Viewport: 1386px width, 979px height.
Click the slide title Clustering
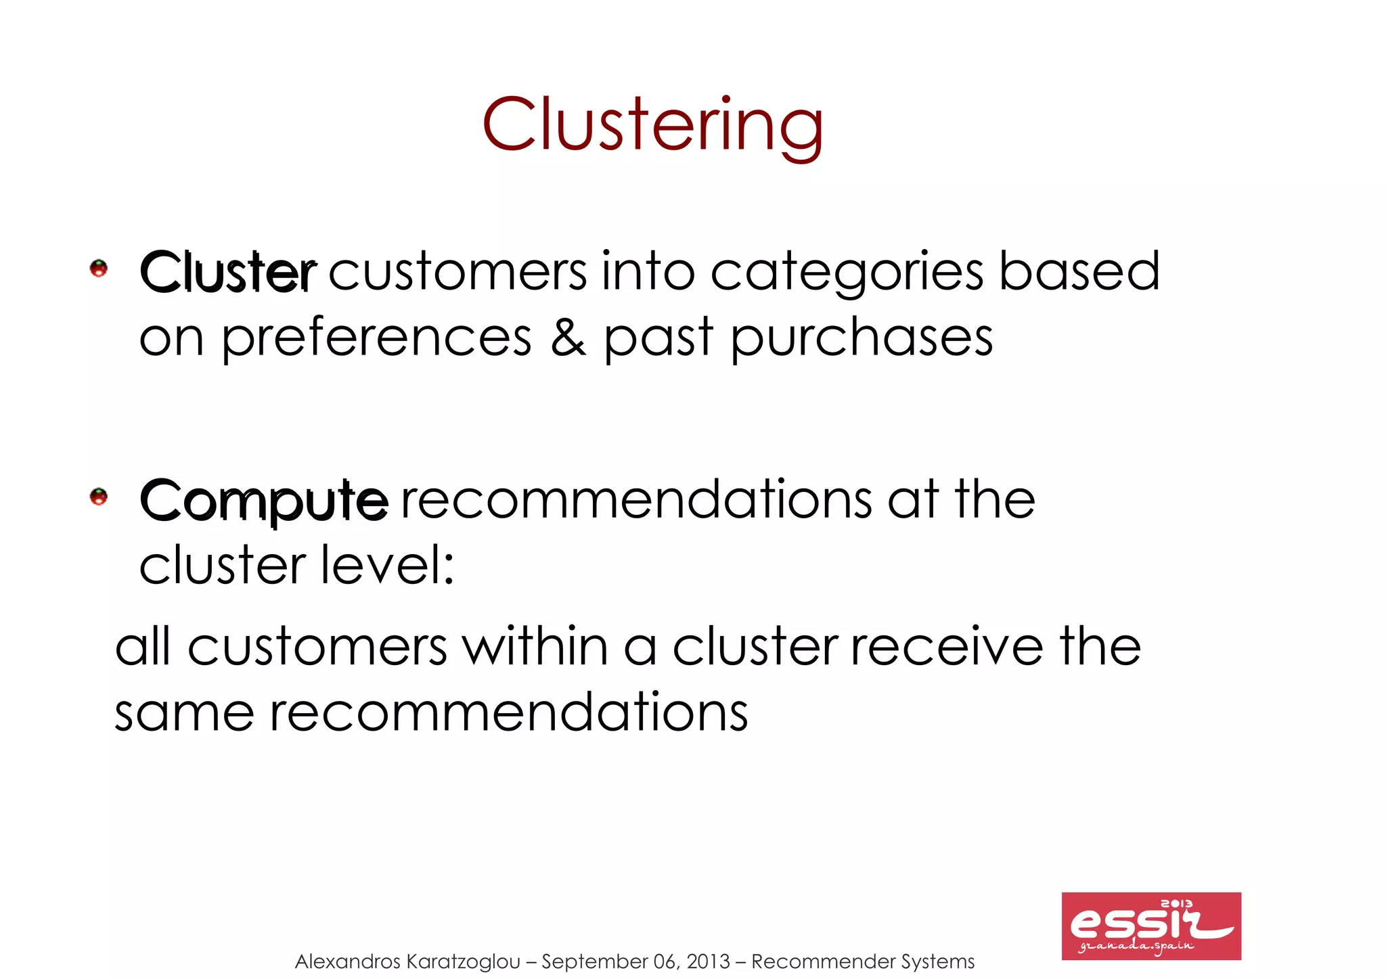(652, 126)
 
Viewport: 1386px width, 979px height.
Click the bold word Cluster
(227, 272)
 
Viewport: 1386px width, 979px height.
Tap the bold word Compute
(264, 501)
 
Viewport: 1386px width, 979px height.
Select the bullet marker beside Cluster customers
(99, 269)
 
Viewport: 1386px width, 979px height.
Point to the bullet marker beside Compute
(99, 497)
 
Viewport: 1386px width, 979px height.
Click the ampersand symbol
(568, 338)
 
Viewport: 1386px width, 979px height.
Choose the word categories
(847, 272)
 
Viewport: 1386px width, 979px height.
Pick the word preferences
(376, 338)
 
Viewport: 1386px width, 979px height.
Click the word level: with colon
(386, 565)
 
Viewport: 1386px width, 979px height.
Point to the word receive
(947, 647)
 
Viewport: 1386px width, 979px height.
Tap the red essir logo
(1150, 926)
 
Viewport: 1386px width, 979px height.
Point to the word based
(1079, 272)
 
